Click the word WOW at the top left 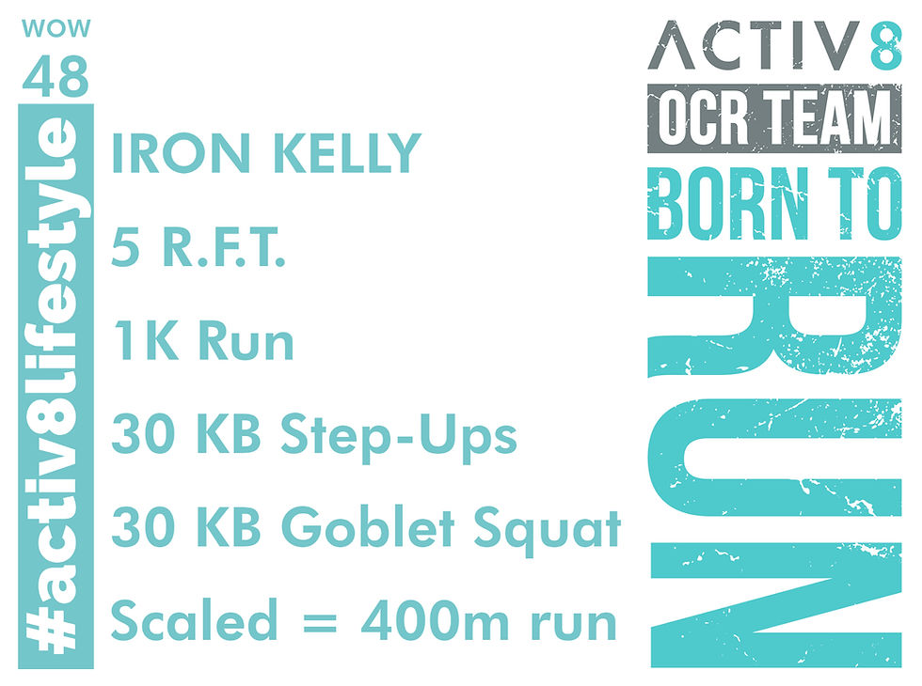[56, 28]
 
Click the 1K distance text [140, 343]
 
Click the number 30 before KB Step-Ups [142, 437]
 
